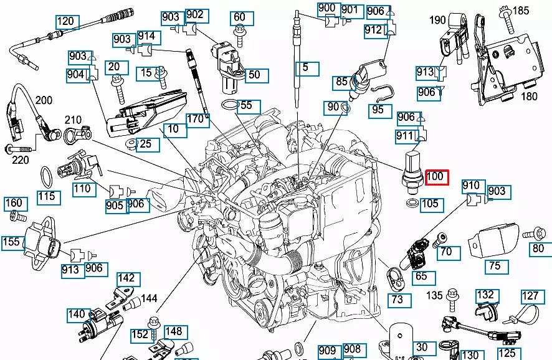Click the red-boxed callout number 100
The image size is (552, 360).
tap(435, 177)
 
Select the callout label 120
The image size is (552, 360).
tap(66, 22)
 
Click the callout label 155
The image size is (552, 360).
tap(12, 242)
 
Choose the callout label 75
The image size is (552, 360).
tap(494, 266)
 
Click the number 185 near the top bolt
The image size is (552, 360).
tap(520, 11)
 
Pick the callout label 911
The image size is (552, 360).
tap(405, 136)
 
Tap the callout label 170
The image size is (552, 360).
tap(197, 118)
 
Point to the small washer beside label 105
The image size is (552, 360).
tap(412, 204)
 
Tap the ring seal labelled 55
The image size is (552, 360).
tap(231, 103)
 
